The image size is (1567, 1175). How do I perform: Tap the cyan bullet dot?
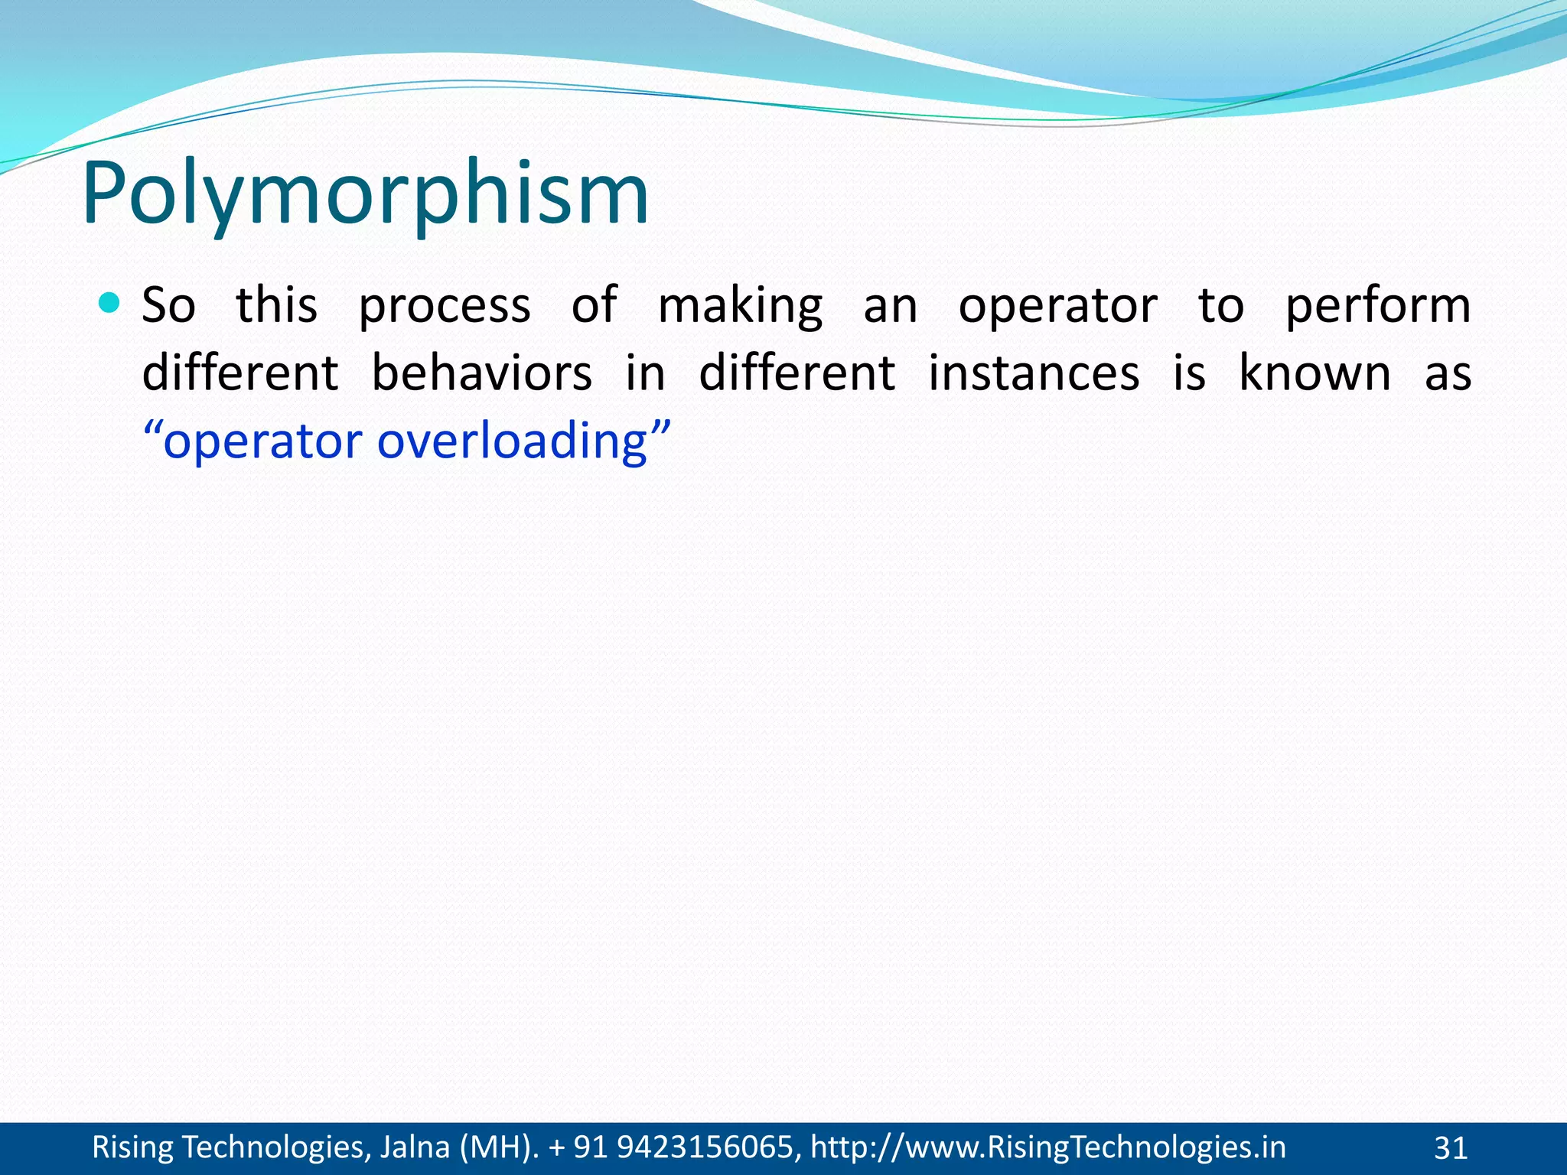coord(110,304)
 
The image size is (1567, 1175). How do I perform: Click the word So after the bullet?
coord(169,305)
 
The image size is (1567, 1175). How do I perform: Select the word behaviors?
coord(481,373)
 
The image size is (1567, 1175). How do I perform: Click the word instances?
coord(1034,373)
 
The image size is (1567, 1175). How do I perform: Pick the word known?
coord(1315,373)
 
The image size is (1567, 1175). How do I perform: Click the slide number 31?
coord(1450,1148)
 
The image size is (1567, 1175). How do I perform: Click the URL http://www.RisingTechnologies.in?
coord(1047,1147)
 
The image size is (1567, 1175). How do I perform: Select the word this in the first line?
coord(276,305)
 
